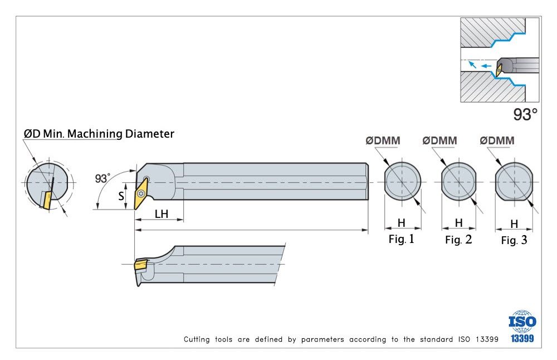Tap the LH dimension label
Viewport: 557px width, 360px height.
tap(161, 213)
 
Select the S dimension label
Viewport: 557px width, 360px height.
tap(121, 196)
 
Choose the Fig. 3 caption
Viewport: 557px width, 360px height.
tap(514, 241)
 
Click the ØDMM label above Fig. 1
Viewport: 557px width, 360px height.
tap(383, 141)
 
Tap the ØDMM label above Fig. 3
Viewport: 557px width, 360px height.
tap(497, 141)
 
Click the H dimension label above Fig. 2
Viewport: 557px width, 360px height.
tap(458, 223)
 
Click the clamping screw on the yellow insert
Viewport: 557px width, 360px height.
tap(145, 180)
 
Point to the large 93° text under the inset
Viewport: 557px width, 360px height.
tap(525, 115)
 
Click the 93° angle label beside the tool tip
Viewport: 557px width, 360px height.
tap(102, 178)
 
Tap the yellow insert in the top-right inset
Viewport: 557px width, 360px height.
tap(500, 69)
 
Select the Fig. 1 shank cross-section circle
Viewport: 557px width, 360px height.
tap(402, 181)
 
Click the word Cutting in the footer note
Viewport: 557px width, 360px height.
tap(198, 339)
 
